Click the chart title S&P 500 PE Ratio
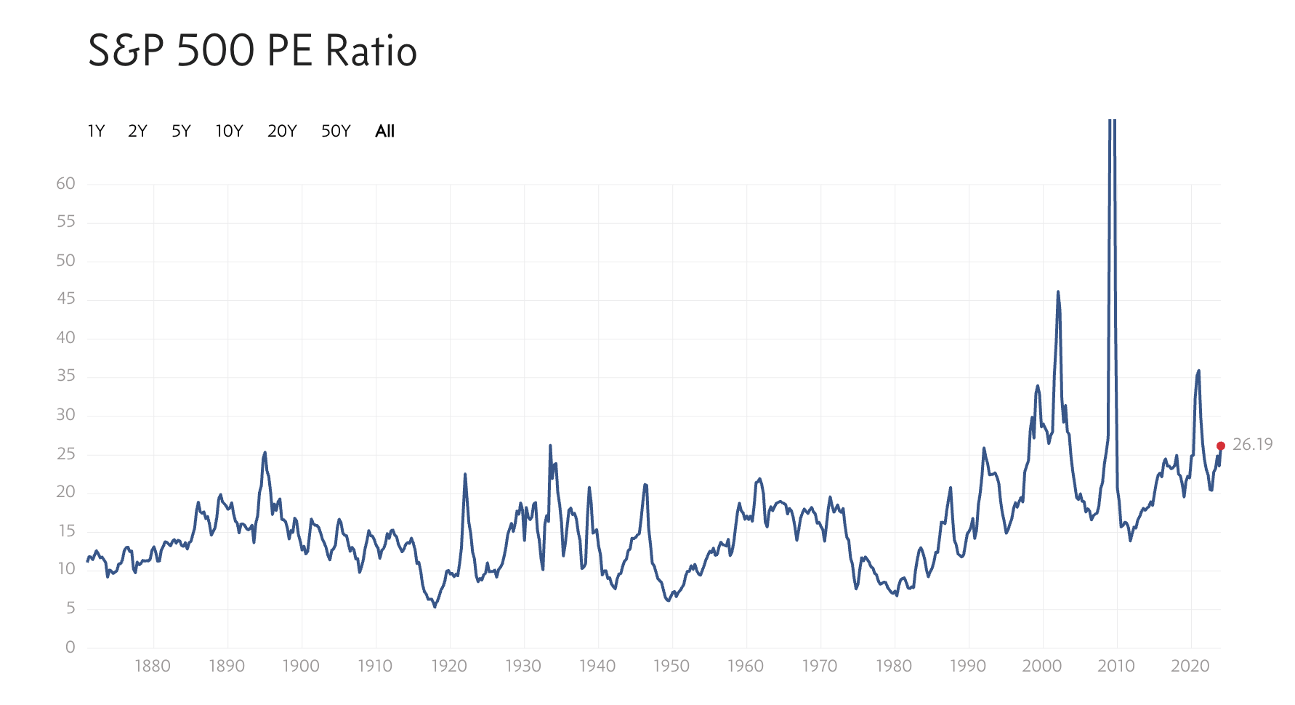point(252,51)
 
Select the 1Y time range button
point(96,131)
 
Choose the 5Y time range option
point(181,131)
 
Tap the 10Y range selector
point(229,131)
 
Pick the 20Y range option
point(282,131)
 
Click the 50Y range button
point(336,131)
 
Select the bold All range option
point(384,131)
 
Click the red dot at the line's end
point(1221,446)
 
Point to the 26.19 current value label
point(1252,444)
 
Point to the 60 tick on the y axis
point(65,183)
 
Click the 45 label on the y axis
point(65,299)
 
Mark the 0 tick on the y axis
point(70,647)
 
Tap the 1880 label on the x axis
point(153,666)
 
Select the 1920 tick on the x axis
point(449,666)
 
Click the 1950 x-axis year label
point(671,666)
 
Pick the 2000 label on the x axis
point(1042,666)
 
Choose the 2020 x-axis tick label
point(1190,666)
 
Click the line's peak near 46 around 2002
point(1058,292)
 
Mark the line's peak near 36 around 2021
point(1198,371)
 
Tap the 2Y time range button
point(137,131)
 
